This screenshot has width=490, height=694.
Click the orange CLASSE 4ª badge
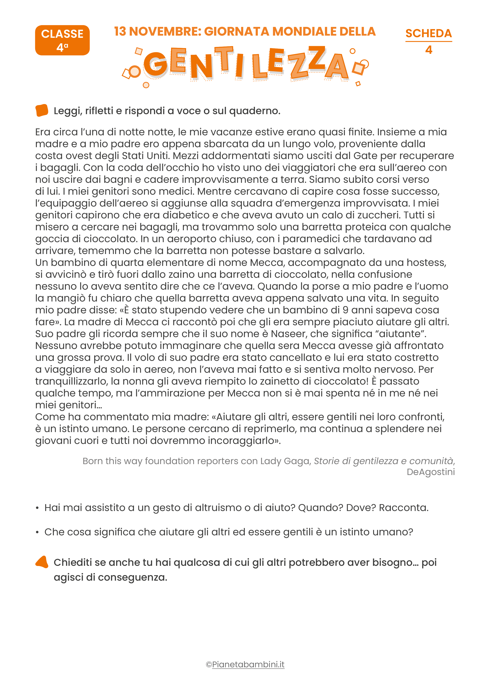tap(62, 40)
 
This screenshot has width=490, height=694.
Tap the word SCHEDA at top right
tap(428, 33)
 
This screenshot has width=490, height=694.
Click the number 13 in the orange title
tap(120, 31)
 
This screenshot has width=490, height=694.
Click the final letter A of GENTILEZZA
tap(337, 67)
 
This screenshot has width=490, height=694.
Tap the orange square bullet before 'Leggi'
tap(42, 110)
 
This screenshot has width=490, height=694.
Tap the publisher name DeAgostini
tap(431, 472)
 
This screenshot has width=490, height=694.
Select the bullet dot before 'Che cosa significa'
tap(37, 532)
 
